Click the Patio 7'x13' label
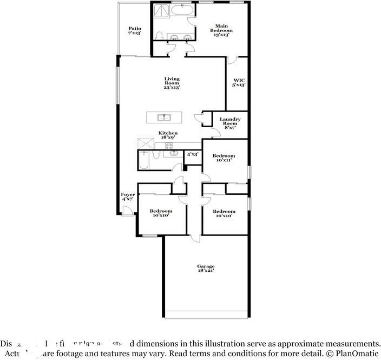pos(135,31)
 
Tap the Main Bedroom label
pos(221,29)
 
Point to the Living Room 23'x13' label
pos(172,83)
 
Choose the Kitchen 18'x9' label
pos(168,135)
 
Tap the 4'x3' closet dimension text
pos(193,154)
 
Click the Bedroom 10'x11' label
pos(224,158)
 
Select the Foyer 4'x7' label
pos(128,197)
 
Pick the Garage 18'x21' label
pos(206,268)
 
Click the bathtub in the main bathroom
pos(182,9)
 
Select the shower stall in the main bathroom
pos(161,11)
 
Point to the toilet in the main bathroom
pos(159,36)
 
